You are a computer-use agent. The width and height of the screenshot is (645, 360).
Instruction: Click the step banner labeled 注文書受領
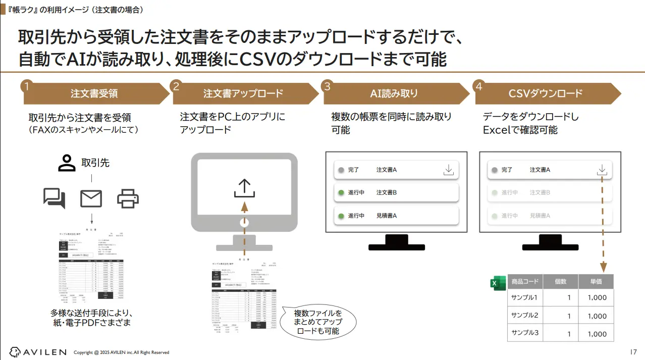tap(94, 93)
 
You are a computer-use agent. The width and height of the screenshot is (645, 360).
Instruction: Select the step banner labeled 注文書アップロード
tap(243, 93)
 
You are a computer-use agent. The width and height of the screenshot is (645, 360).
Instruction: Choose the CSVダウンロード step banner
tap(546, 93)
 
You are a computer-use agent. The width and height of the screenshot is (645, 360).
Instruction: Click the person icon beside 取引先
tap(67, 163)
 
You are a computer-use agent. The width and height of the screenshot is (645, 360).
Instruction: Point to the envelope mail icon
tap(91, 198)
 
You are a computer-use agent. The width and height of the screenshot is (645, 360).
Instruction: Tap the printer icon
tap(128, 198)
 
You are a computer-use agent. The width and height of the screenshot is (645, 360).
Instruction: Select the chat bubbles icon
tap(55, 198)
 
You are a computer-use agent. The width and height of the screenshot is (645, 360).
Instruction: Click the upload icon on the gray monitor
tap(244, 187)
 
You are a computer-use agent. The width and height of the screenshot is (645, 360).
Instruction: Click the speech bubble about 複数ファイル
tap(318, 322)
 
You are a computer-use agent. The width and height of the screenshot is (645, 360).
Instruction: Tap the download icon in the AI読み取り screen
tap(448, 170)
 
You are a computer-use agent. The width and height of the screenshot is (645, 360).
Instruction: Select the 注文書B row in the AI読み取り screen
tap(396, 192)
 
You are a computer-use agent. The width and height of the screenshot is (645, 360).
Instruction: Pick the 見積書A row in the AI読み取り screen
tap(396, 216)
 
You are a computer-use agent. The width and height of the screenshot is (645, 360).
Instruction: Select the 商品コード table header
tap(525, 281)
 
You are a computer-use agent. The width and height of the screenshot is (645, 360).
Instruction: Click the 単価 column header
tap(597, 281)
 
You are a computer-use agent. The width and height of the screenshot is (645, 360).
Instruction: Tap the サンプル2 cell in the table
tap(525, 316)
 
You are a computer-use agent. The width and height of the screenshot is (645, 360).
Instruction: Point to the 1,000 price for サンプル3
tap(597, 334)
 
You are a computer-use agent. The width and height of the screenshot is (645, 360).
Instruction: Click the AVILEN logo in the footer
tap(38, 351)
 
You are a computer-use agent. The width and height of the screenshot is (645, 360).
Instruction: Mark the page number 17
tap(634, 351)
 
